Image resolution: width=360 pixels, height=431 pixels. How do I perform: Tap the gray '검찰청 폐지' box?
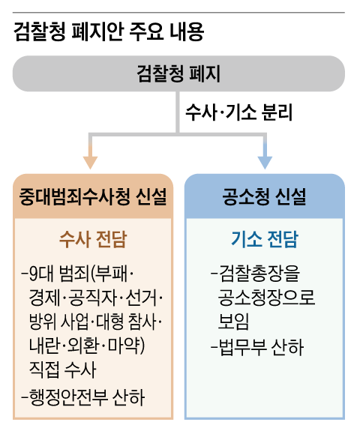(178, 73)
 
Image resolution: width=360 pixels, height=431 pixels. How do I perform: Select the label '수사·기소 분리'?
(238, 112)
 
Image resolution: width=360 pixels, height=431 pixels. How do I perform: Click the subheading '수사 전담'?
(93, 240)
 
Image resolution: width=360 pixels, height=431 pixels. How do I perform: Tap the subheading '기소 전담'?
(264, 240)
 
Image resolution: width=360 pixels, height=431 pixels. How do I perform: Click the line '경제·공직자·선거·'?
(94, 296)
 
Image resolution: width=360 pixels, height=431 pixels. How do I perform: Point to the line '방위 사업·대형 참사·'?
(94, 321)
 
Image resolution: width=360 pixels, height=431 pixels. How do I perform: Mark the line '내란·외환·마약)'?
(88, 346)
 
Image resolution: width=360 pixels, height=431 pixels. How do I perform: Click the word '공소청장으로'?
(267, 297)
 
